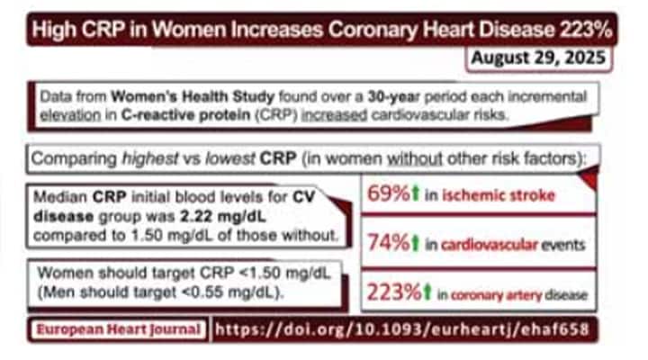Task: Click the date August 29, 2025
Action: (540, 60)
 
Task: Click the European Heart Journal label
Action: (118, 329)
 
